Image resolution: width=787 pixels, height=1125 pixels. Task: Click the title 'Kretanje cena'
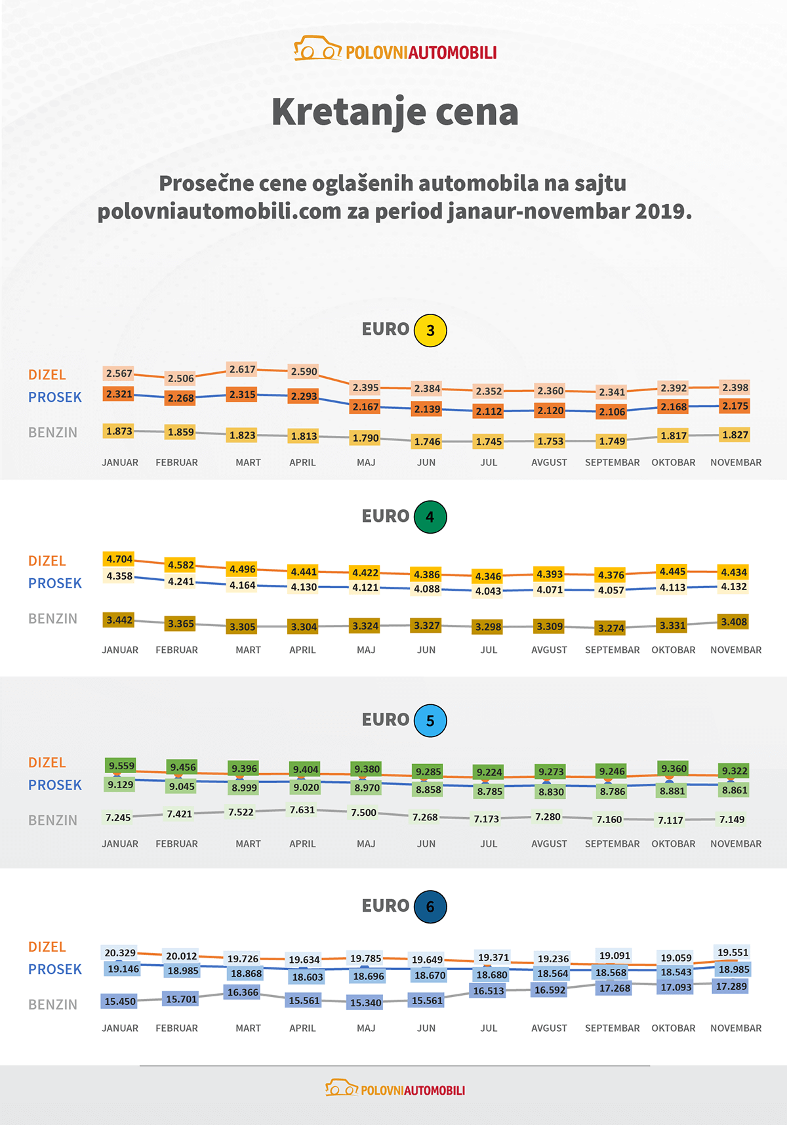395,112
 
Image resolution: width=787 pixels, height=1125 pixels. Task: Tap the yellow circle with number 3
430,330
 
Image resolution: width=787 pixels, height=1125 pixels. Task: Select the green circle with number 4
430,517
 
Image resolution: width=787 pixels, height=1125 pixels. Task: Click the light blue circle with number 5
430,721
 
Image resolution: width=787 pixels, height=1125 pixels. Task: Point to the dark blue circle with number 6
430,907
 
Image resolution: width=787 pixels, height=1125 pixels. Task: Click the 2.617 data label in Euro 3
242,370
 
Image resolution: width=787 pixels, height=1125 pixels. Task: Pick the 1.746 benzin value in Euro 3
427,442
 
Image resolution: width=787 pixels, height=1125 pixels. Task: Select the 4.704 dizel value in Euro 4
119,559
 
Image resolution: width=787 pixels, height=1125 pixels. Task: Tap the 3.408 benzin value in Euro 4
734,622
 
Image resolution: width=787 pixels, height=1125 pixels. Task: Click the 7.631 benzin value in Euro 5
302,810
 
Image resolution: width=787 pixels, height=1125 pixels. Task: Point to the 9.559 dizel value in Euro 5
121,766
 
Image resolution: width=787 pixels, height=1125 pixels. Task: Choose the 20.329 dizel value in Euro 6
120,953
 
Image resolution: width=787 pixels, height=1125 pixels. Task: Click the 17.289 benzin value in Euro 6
731,987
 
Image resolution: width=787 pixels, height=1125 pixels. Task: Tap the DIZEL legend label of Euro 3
47,375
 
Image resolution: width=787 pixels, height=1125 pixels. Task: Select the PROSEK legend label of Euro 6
55,969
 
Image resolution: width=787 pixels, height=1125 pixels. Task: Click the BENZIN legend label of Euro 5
52,820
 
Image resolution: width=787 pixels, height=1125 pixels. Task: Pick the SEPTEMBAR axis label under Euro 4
612,650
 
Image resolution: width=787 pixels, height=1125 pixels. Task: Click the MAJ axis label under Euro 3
366,463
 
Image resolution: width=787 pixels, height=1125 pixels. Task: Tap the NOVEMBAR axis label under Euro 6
736,1029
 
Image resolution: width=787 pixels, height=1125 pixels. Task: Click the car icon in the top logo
317,49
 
